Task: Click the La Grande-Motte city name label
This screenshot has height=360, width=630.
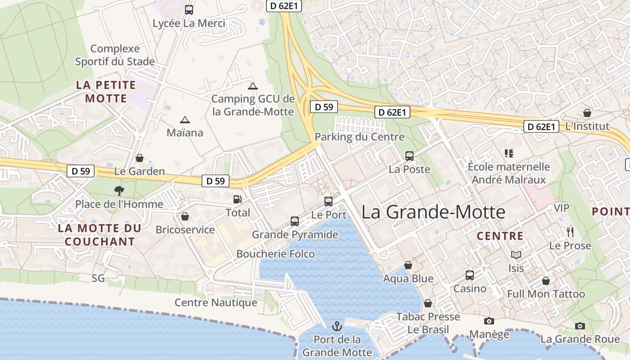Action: (433, 211)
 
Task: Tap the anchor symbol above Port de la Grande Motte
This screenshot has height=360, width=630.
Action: (337, 326)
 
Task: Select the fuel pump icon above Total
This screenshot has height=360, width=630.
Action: (237, 199)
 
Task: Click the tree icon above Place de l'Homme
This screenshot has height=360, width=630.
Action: (119, 190)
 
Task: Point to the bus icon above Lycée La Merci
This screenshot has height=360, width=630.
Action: (189, 9)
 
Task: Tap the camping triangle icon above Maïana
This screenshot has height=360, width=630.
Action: (184, 120)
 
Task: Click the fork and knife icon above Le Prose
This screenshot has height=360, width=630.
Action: (570, 232)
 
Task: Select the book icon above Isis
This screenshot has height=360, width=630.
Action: (516, 255)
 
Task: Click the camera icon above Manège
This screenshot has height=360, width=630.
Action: (489, 321)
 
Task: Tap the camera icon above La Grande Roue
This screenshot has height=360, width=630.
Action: (580, 326)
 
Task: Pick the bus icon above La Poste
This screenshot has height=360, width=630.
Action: (409, 156)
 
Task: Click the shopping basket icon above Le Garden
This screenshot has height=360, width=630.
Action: (139, 158)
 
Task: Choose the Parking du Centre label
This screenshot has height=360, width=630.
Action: (360, 136)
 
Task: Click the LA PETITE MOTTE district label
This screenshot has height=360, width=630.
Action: (106, 91)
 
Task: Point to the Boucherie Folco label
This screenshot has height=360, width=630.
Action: (276, 254)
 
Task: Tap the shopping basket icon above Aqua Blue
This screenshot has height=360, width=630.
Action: (408, 265)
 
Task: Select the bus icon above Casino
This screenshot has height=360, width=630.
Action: (470, 275)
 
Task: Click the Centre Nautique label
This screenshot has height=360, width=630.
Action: (216, 302)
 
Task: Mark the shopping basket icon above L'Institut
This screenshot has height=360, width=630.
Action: (587, 113)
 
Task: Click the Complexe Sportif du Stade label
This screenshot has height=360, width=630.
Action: (115, 55)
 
